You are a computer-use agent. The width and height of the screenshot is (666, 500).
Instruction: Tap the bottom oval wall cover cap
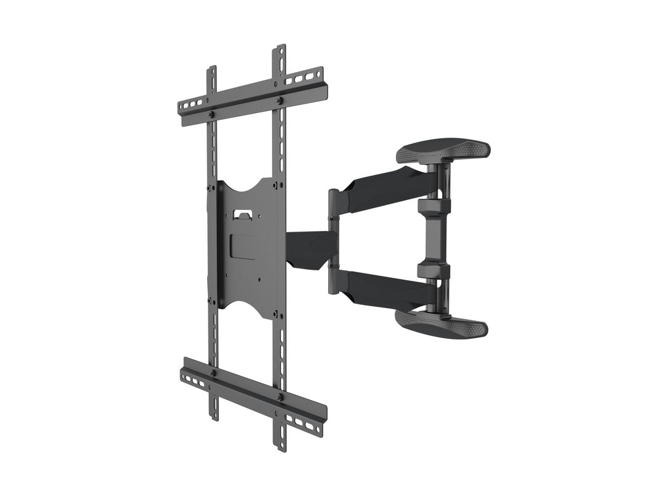point(442,323)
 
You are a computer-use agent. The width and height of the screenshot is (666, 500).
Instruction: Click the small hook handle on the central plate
point(244,214)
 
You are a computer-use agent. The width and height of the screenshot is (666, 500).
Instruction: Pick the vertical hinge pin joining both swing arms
point(333,238)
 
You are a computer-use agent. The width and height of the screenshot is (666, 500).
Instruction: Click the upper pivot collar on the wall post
point(434,206)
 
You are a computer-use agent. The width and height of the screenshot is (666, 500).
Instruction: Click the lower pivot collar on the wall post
point(434,270)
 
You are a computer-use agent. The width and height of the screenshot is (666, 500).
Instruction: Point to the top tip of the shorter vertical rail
point(212,67)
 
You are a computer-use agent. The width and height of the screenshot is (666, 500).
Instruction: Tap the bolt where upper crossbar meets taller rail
point(279,100)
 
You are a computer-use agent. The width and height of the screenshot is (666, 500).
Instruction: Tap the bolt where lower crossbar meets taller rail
point(281,398)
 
